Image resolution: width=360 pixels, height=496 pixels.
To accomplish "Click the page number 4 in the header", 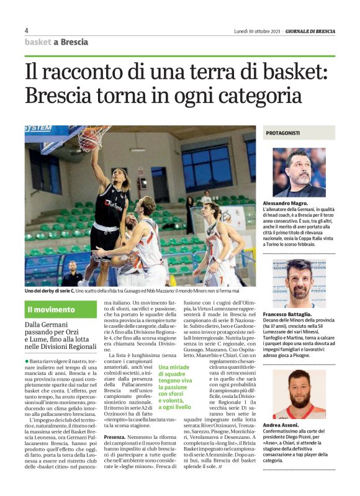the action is tap(27, 30).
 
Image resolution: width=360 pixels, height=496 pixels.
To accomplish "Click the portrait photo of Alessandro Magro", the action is tap(299, 172).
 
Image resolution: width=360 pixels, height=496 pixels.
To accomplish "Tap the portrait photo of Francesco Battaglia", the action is tap(299, 283).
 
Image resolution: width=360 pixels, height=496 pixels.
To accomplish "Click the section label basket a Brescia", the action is tap(56, 42).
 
